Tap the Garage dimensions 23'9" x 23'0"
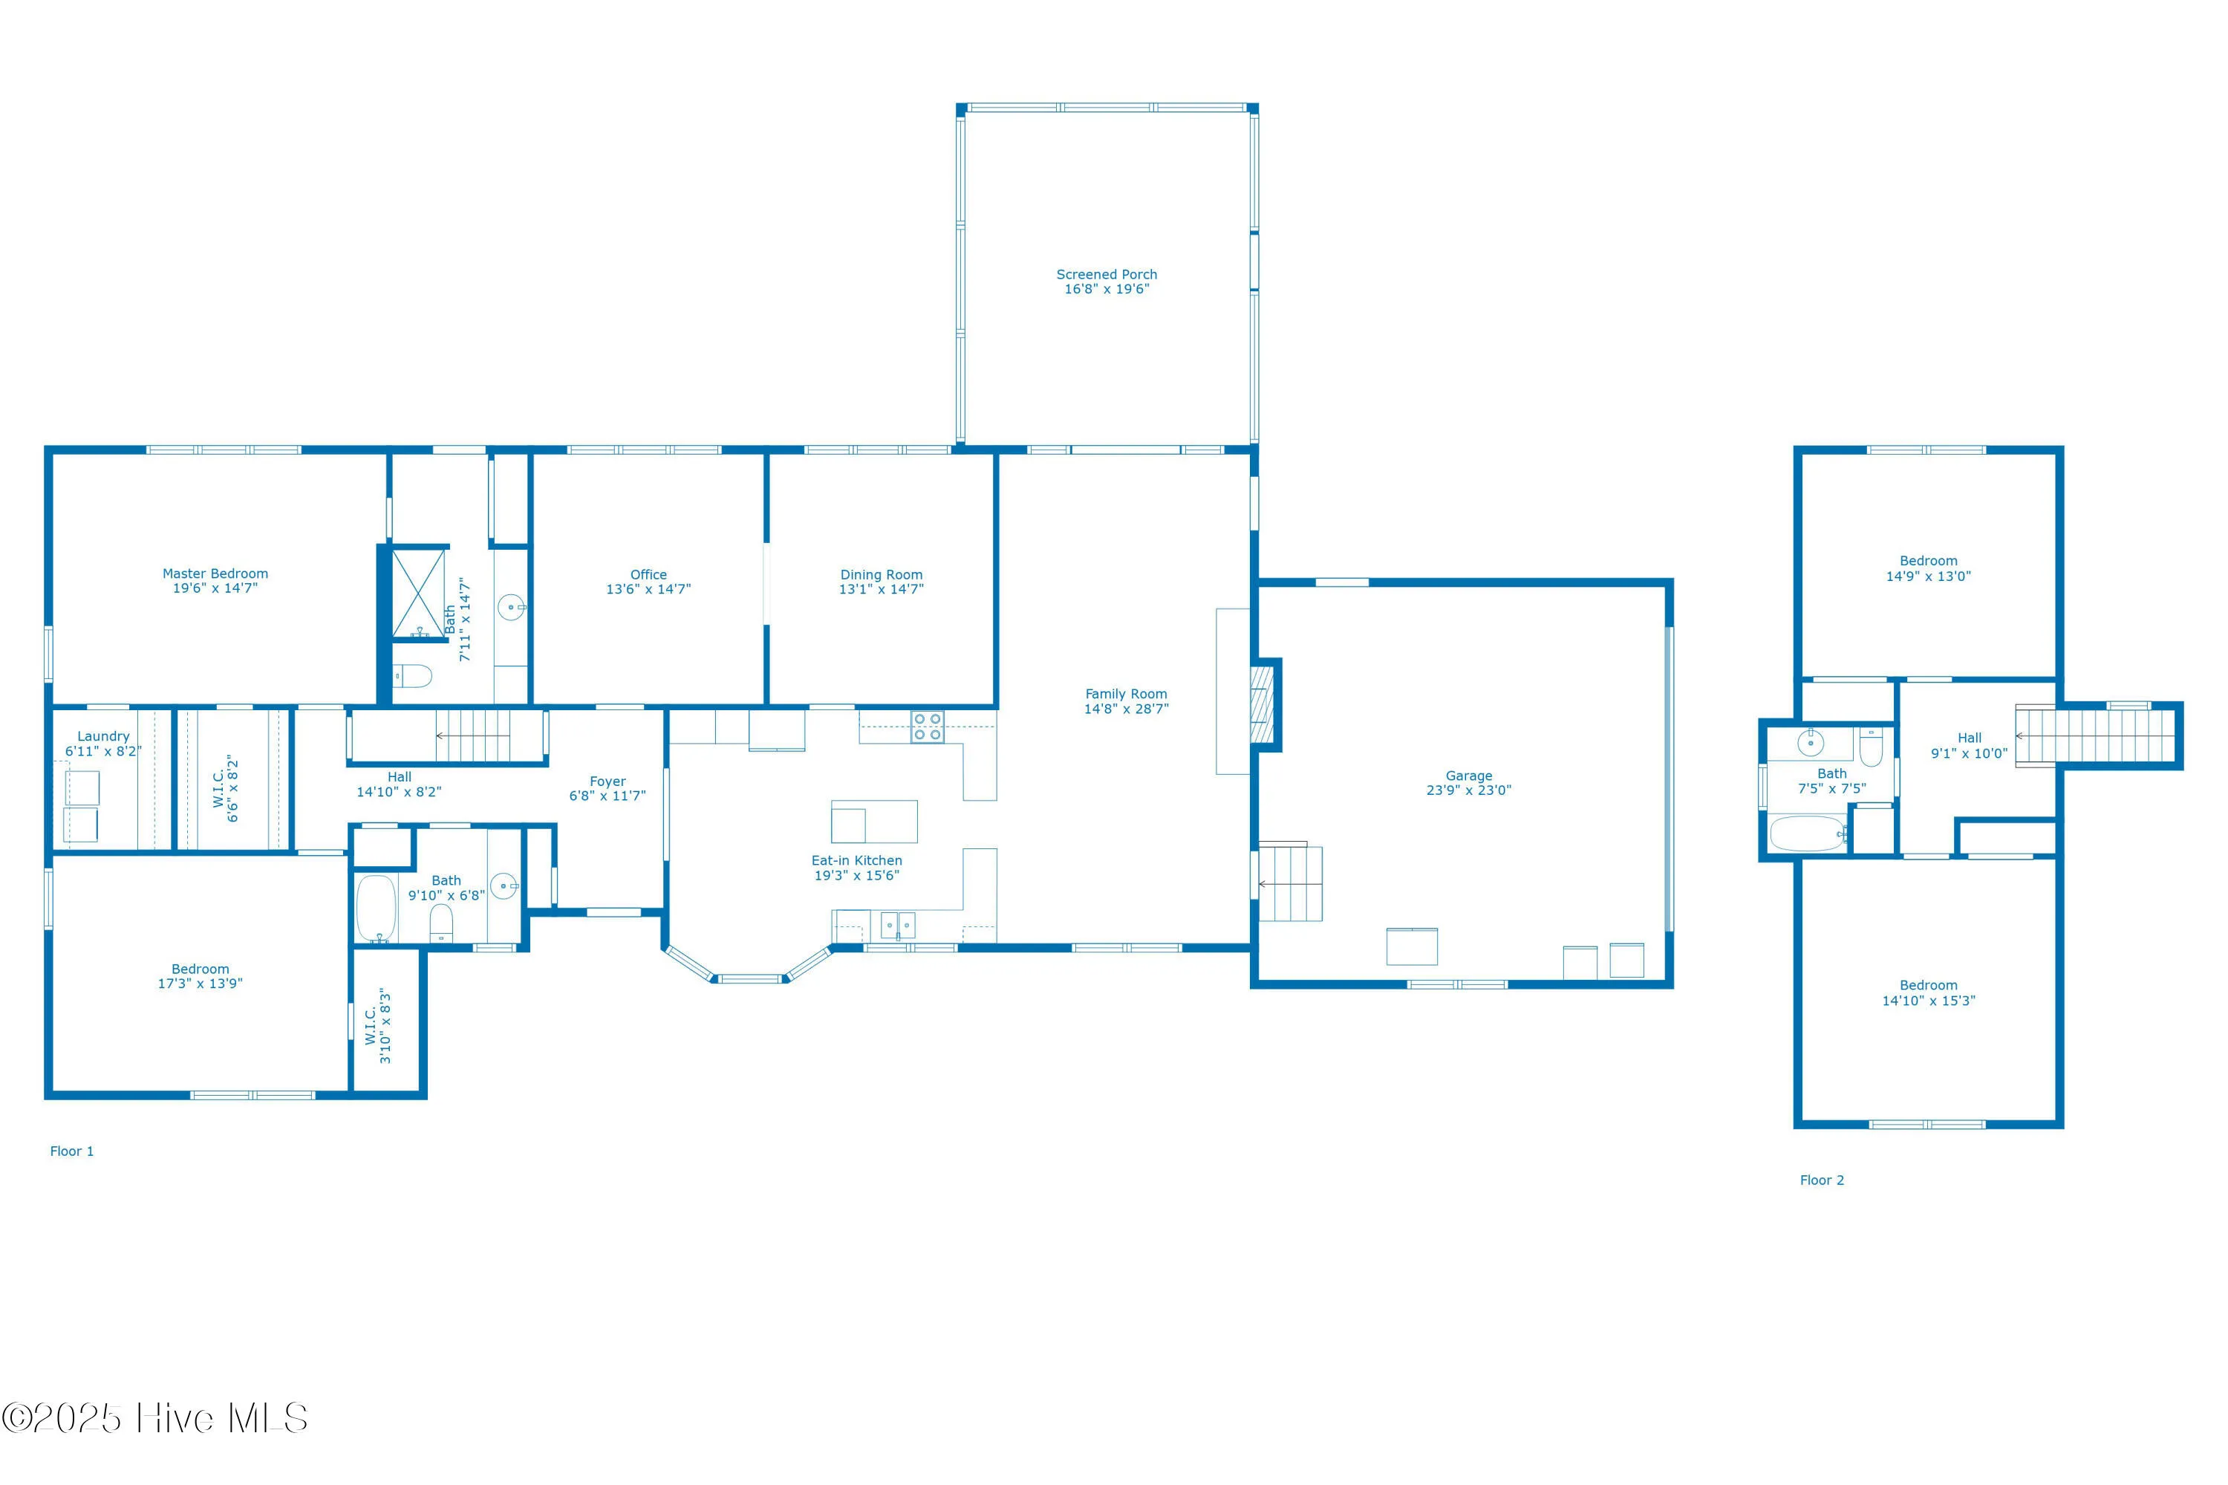click(1468, 790)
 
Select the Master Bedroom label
click(215, 573)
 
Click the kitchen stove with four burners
click(927, 727)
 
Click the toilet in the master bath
click(413, 675)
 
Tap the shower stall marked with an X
click(417, 594)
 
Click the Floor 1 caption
click(72, 1151)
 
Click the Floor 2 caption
click(1821, 1179)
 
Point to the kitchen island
click(873, 821)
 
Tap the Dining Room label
click(881, 574)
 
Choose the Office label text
click(648, 574)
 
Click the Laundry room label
click(103, 736)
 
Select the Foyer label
click(607, 782)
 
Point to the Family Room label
click(1125, 693)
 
